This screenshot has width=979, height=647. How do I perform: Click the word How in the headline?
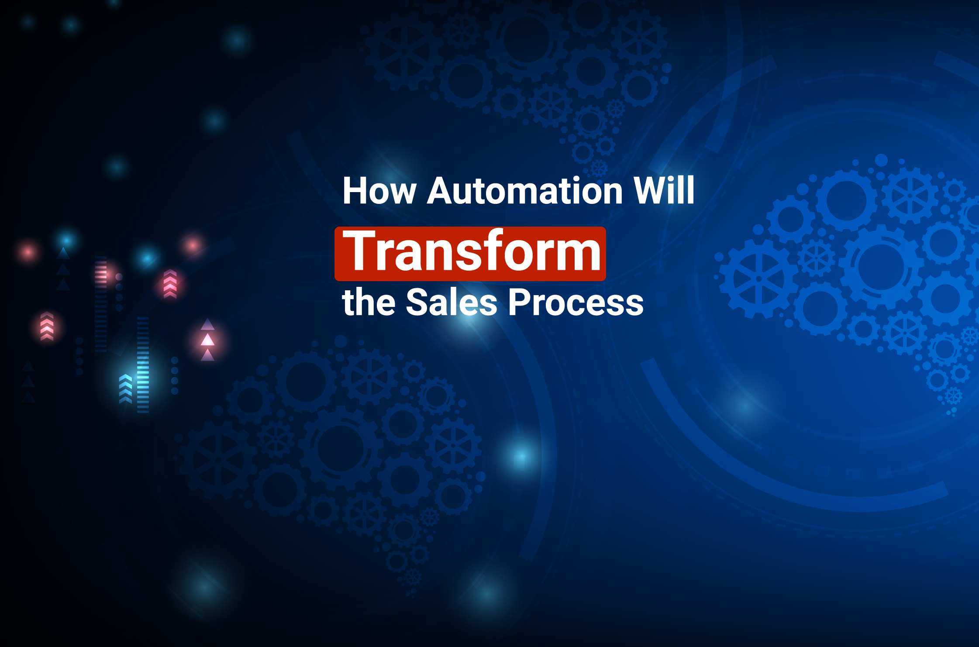(x=379, y=191)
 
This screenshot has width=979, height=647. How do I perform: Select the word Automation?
(x=524, y=191)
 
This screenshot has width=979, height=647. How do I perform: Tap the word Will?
(x=664, y=190)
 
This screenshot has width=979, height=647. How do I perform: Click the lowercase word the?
(x=369, y=302)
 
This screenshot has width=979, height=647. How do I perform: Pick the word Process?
(x=576, y=303)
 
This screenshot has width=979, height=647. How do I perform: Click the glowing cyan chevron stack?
(x=125, y=389)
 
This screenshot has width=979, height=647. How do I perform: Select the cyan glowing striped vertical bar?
(x=143, y=365)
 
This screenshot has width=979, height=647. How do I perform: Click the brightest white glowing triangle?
(x=207, y=340)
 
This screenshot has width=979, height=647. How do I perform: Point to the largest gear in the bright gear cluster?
(x=881, y=267)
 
